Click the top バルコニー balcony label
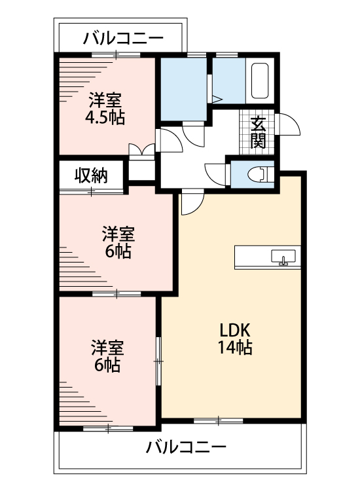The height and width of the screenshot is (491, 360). click(123, 39)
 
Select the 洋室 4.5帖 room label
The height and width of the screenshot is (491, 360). click(105, 109)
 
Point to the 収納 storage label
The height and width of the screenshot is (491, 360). click(90, 175)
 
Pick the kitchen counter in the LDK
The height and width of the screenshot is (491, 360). click(267, 257)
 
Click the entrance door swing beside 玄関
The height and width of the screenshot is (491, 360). click(288, 124)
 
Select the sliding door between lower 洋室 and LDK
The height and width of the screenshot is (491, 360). click(158, 359)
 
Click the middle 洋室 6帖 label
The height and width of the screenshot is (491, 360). click(118, 242)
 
